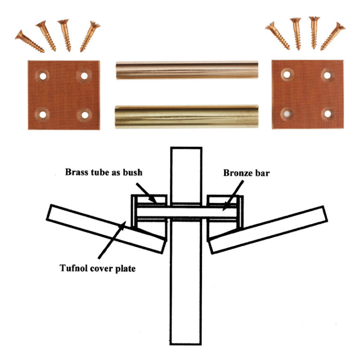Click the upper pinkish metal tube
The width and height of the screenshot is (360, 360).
pyautogui.click(x=187, y=70)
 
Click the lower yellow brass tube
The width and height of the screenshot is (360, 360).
pyautogui.click(x=187, y=116)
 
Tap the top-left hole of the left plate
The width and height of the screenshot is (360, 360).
pyautogui.click(x=43, y=76)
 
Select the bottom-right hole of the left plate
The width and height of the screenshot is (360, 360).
pyautogui.click(x=85, y=115)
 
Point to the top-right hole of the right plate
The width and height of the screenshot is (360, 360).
pyautogui.click(x=327, y=75)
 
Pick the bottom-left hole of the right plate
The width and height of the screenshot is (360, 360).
pyautogui.click(x=287, y=113)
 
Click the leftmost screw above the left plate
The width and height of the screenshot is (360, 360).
pyautogui.click(x=30, y=41)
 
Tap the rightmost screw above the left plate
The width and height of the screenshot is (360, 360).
pyautogui.click(x=90, y=36)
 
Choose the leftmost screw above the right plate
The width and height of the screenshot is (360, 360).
pyautogui.click(x=277, y=36)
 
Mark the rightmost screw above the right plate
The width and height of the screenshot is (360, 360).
pyautogui.click(x=333, y=36)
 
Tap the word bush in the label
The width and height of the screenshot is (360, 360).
pyautogui.click(x=133, y=172)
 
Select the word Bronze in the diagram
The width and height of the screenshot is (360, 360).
pyautogui.click(x=238, y=172)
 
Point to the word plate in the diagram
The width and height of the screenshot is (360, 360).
pyautogui.click(x=125, y=269)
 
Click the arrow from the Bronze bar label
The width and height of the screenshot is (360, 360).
pyautogui.click(x=233, y=195)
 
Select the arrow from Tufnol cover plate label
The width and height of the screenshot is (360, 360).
pyautogui.click(x=112, y=240)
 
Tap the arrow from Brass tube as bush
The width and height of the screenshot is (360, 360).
pyautogui.click(x=146, y=193)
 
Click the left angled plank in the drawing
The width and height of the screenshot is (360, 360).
pyautogui.click(x=106, y=229)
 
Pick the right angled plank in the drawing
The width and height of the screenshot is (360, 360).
pyautogui.click(x=268, y=230)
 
